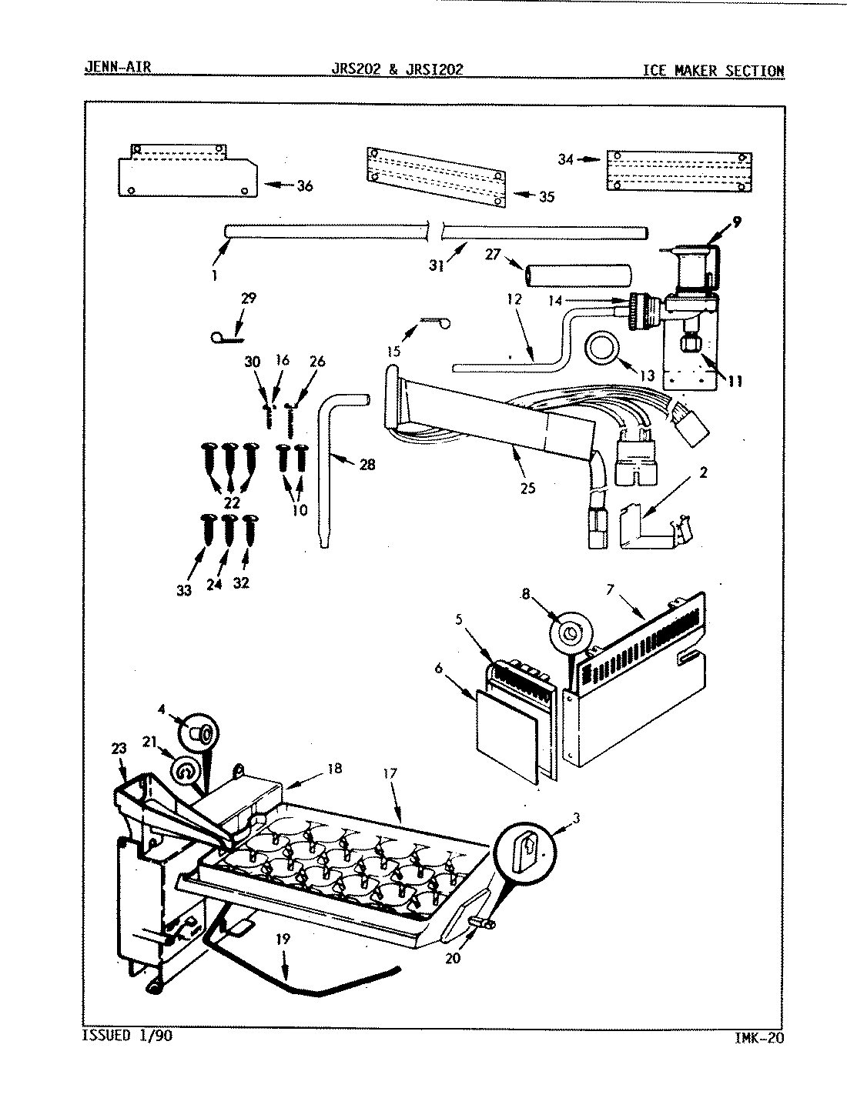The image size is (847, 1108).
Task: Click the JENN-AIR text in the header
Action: pos(117,68)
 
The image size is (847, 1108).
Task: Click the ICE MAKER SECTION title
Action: pos(713,71)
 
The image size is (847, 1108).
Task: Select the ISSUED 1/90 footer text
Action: pos(127,1036)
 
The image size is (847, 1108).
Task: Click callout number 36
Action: pos(305,185)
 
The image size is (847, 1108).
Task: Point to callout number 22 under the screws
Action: pos(232,503)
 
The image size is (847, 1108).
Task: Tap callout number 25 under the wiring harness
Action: pos(527,488)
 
